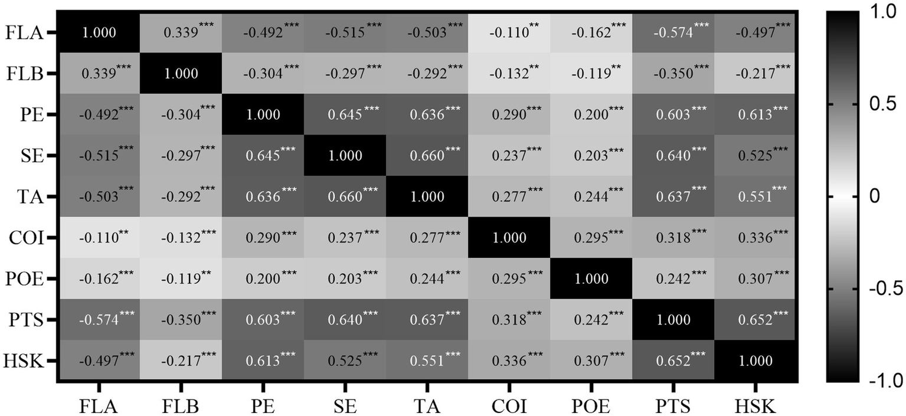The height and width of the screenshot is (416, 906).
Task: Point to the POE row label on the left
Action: (24, 279)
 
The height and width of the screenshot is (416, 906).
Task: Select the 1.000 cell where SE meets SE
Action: (345, 156)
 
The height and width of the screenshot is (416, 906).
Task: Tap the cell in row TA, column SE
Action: (345, 197)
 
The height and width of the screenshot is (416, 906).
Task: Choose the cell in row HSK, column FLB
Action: (181, 361)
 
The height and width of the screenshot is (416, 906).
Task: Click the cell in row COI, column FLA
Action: (99, 238)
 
